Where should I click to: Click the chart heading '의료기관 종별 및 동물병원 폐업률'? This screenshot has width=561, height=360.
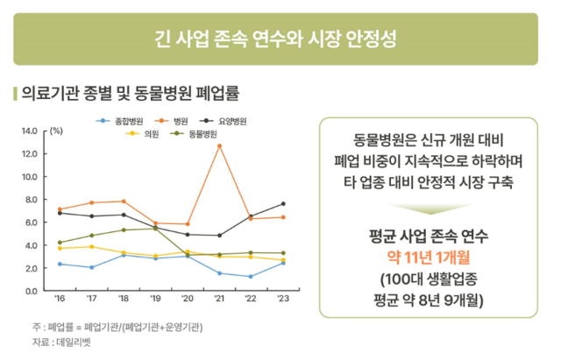coord(130,92)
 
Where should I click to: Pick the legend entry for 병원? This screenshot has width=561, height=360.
coord(174,120)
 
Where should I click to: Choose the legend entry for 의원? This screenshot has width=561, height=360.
coord(145,134)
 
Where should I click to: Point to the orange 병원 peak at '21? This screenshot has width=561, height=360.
coord(219,145)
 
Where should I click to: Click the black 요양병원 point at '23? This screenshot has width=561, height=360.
coord(283,204)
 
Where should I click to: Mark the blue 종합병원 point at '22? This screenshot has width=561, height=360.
coord(251,277)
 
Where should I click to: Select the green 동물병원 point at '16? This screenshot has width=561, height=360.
coord(60,243)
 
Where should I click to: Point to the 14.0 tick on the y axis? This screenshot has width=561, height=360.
coord(30,131)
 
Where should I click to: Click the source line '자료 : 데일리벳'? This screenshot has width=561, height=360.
coord(65,342)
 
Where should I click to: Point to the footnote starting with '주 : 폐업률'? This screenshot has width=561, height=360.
coord(117,327)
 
